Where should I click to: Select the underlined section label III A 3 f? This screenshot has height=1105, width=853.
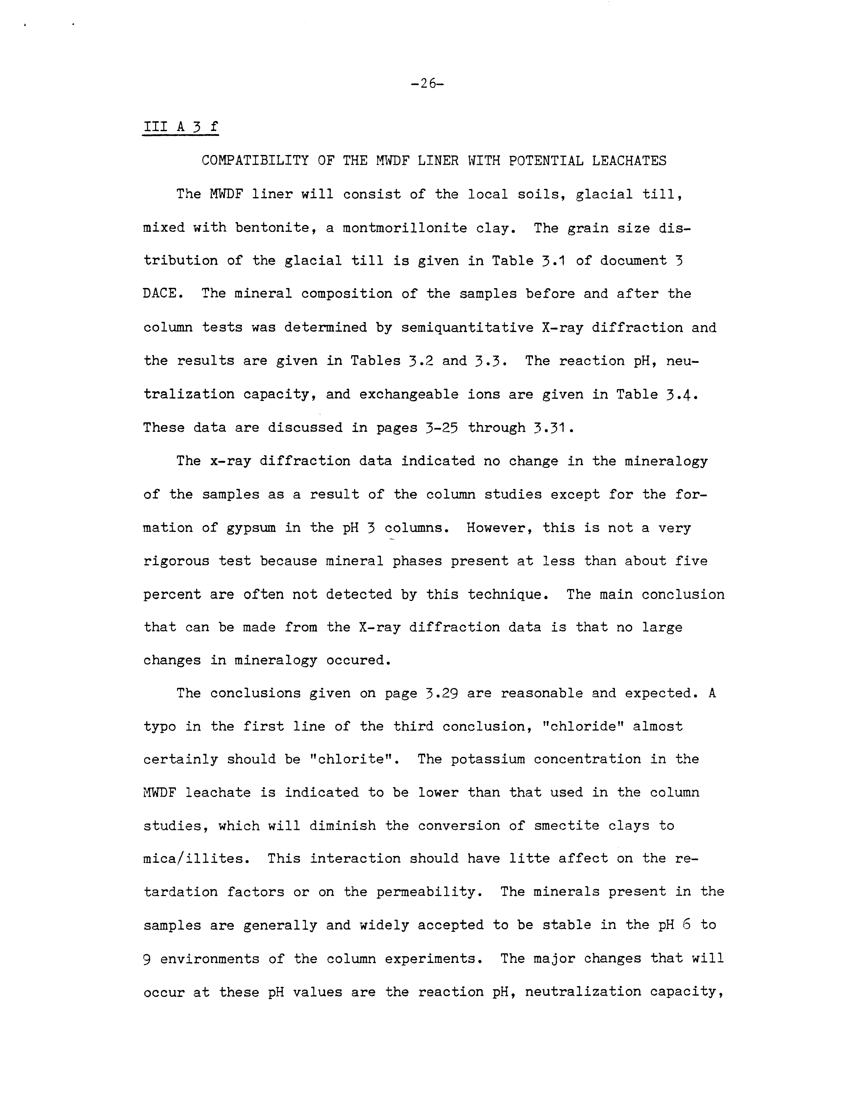pyautogui.click(x=180, y=127)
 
